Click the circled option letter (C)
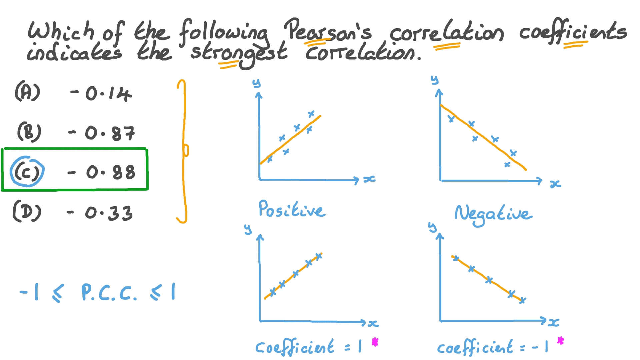27,172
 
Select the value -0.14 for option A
101,94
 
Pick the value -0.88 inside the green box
102,172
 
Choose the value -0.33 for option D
100,213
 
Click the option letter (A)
27,93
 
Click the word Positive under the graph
291,209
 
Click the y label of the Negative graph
435,80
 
